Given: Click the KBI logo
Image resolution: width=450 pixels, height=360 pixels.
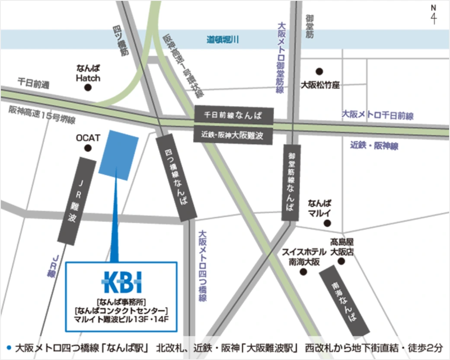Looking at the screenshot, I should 122,282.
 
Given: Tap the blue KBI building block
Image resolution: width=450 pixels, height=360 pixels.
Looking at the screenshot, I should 118,154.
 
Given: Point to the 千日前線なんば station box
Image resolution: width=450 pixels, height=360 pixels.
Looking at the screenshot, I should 234,116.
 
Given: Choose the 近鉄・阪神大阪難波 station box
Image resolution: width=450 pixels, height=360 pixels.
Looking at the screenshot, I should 234,135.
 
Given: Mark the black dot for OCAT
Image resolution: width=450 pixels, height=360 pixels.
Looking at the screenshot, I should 88,148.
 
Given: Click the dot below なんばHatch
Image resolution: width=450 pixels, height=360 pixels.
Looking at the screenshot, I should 88,87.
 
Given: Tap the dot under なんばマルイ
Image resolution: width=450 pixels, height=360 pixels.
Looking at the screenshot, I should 327,223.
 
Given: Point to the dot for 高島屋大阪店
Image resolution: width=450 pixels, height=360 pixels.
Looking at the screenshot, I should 341,262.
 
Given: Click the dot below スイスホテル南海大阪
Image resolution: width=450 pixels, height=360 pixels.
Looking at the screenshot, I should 303,272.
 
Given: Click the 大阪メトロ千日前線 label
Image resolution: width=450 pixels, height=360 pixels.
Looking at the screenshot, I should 378,116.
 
